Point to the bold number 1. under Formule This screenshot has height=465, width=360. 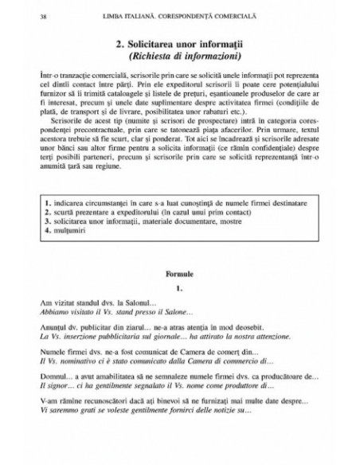pos(180,287)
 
